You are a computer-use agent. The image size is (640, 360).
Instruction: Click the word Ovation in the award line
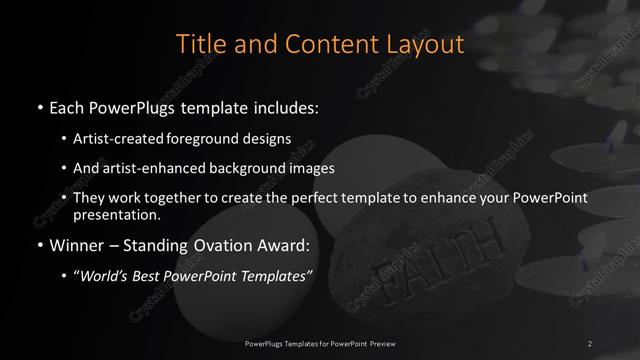225,244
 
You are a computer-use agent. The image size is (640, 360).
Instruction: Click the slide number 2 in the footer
590,343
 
